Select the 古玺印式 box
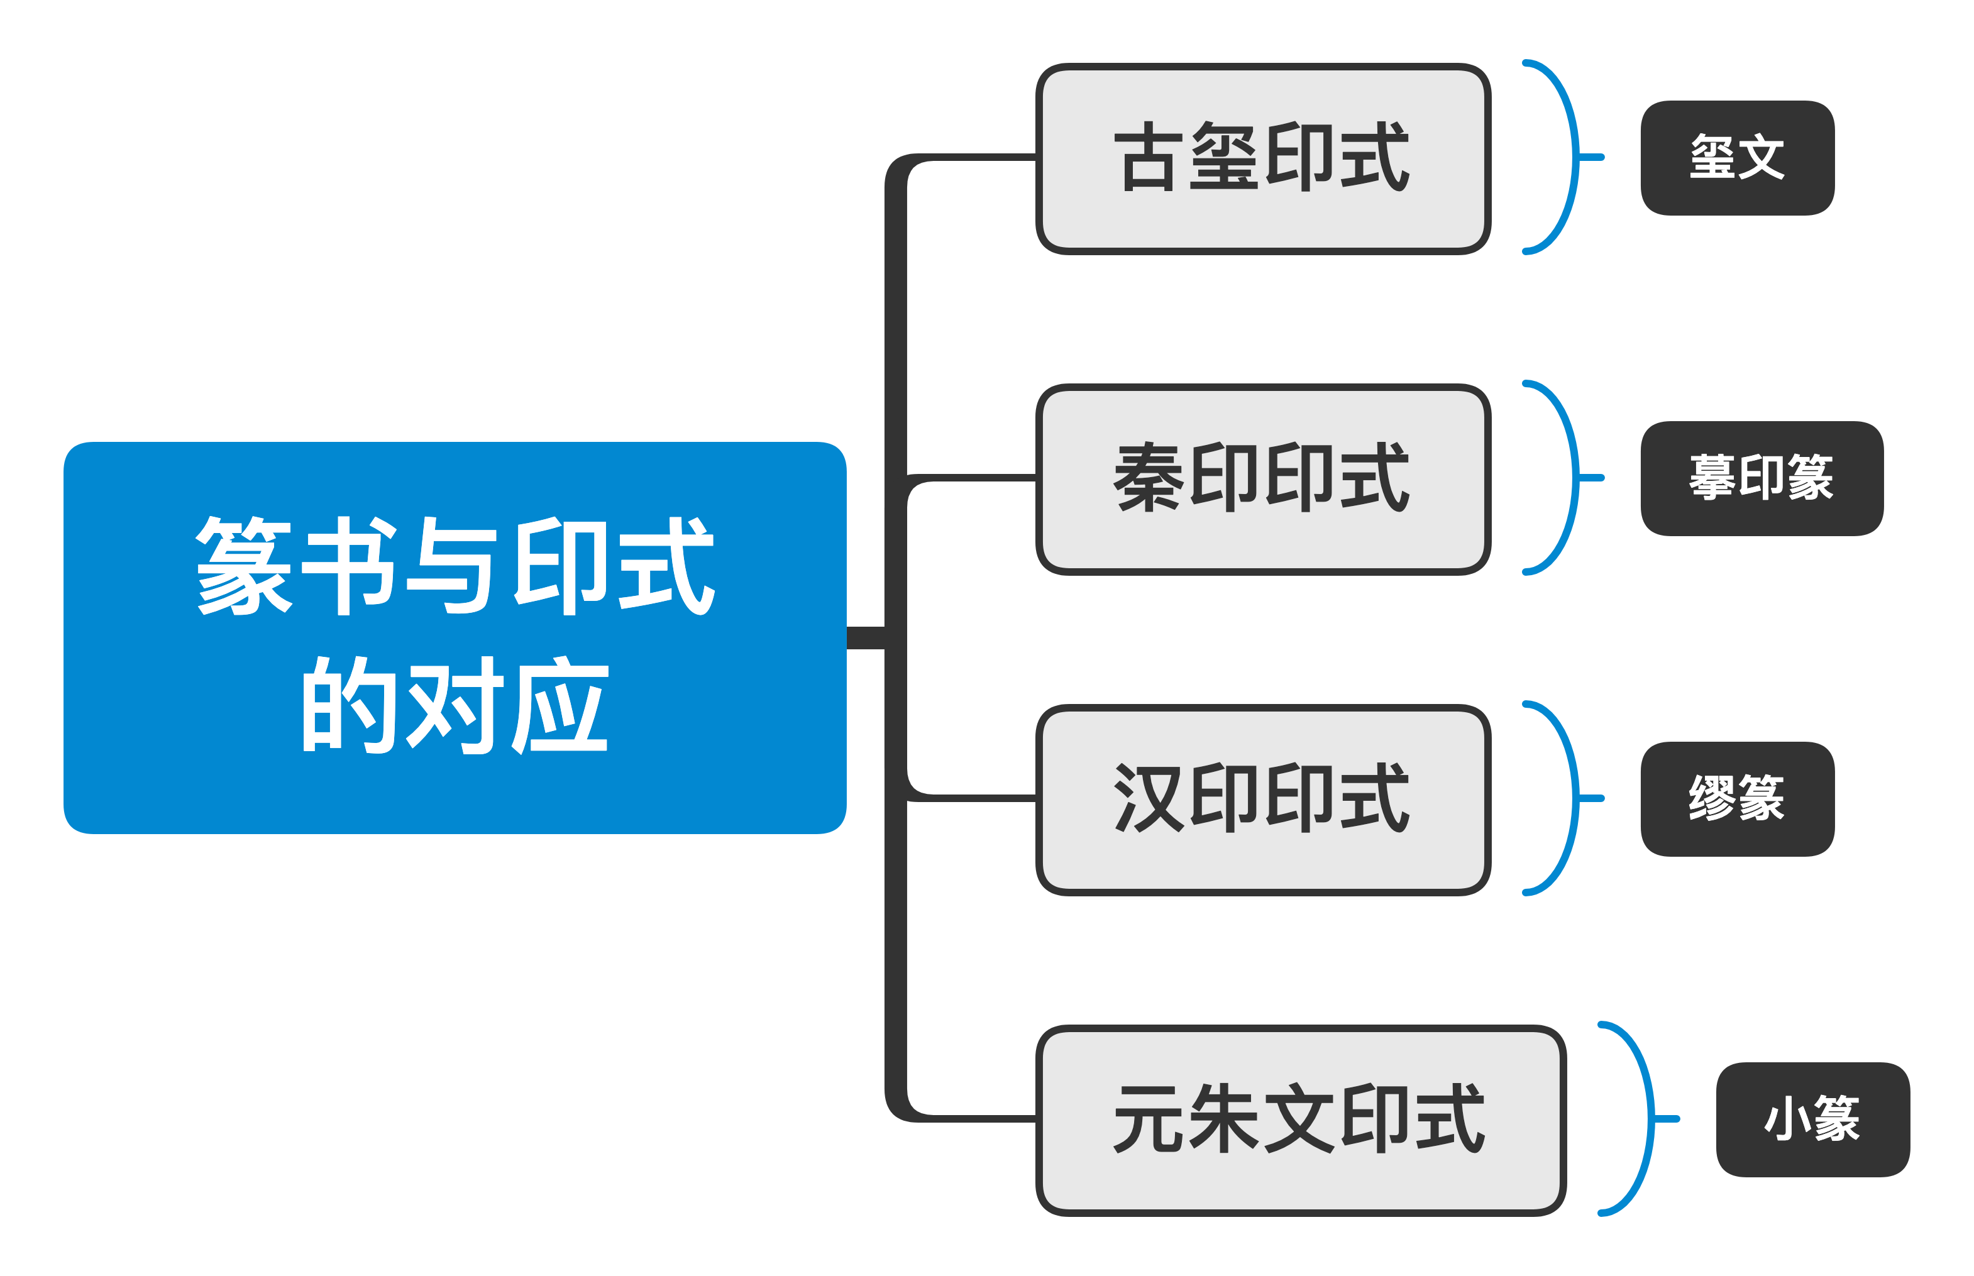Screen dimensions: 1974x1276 pos(1262,158)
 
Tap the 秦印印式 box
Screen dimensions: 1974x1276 pos(1262,479)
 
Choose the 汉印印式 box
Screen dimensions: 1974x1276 pos(1262,800)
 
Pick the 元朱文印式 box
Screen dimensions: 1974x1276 pos(1299,1120)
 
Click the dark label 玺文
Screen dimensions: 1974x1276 pos(1737,157)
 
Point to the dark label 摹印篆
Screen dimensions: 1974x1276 pos(1762,478)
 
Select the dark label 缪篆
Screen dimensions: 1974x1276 pos(1737,799)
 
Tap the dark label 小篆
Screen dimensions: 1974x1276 pos(1812,1119)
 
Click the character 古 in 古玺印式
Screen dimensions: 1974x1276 pos(1148,157)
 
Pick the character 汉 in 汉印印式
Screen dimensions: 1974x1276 pos(1148,798)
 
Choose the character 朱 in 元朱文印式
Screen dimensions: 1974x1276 pos(1224,1119)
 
